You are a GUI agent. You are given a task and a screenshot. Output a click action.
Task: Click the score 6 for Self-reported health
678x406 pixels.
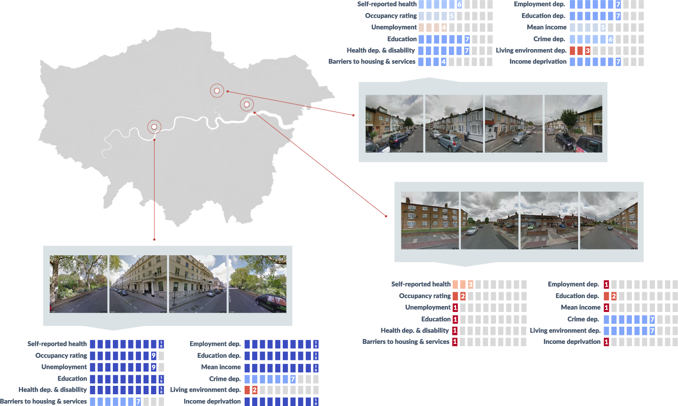pyautogui.click(x=459, y=4)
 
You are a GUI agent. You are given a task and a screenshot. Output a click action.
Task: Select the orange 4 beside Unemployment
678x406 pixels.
pyautogui.click(x=444, y=27)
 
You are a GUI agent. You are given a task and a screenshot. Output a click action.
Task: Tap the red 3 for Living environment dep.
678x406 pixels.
pyautogui.click(x=588, y=50)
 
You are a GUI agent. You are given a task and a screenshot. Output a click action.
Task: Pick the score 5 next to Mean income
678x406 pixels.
pyautogui.click(x=603, y=27)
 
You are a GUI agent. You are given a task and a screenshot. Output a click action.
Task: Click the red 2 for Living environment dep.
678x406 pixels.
pyautogui.click(x=255, y=390)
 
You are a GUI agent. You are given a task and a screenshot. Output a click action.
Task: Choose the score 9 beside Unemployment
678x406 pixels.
pyautogui.click(x=154, y=367)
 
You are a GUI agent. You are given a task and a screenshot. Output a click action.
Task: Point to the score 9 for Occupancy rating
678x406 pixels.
pyautogui.click(x=154, y=356)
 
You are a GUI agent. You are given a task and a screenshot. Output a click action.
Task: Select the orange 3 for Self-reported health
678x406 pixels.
pyautogui.click(x=470, y=284)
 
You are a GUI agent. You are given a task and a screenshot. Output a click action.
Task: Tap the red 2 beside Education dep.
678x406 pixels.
pyautogui.click(x=614, y=296)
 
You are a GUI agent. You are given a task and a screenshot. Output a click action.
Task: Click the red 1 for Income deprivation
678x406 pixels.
pyautogui.click(x=606, y=342)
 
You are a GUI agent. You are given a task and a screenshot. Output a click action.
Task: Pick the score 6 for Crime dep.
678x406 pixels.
pyautogui.click(x=610, y=39)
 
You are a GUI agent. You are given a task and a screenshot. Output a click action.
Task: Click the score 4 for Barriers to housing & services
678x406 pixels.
pyautogui.click(x=443, y=62)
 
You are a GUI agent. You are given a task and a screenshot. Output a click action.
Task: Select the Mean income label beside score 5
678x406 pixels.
pyautogui.click(x=547, y=27)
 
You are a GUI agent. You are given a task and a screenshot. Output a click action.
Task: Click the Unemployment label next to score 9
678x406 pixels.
pyautogui.click(x=64, y=367)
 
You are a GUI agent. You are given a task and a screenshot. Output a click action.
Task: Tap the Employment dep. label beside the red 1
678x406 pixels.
pyautogui.click(x=574, y=284)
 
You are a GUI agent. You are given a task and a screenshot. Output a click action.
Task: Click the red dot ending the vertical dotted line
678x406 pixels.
pyautogui.click(x=154, y=239)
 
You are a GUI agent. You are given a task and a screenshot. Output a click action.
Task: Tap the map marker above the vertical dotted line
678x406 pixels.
pyautogui.click(x=154, y=127)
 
